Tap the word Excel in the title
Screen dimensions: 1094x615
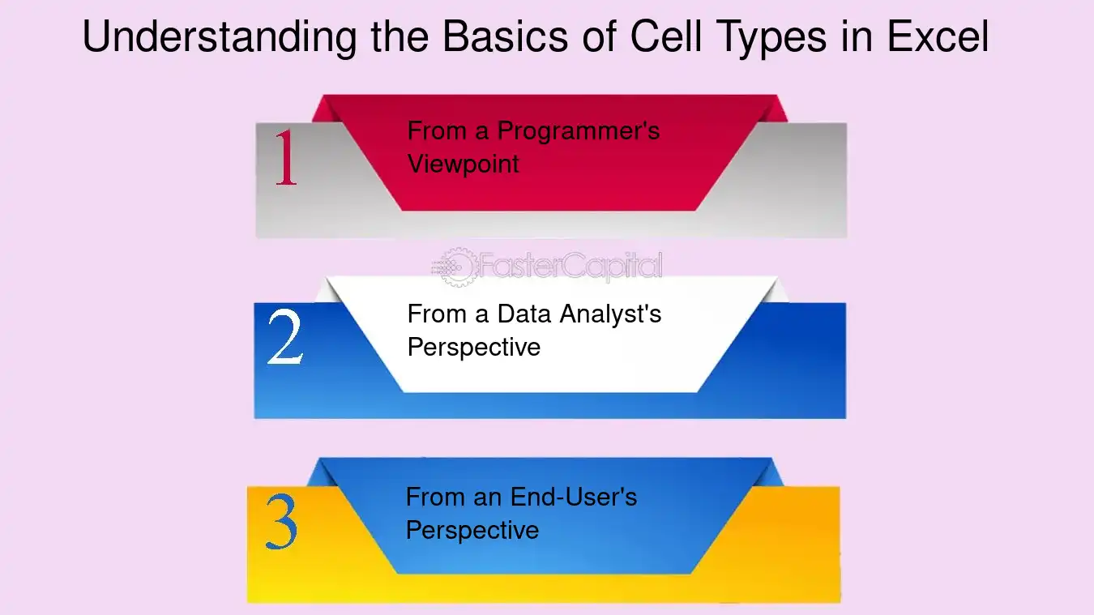(x=938, y=36)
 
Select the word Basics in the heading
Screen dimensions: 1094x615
(x=505, y=36)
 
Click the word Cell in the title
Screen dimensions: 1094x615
(x=666, y=36)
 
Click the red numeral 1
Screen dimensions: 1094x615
(x=286, y=157)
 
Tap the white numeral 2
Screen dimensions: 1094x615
(x=286, y=337)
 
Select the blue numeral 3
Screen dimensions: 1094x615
(x=281, y=521)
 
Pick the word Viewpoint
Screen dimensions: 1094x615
(x=463, y=164)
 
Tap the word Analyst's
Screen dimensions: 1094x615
(x=610, y=315)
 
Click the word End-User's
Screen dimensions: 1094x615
(x=574, y=497)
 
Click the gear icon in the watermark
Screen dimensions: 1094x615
(x=456, y=267)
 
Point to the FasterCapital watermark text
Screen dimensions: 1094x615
(x=571, y=267)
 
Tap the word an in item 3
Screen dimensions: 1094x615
(x=487, y=499)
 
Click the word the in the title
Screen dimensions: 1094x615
(x=400, y=36)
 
